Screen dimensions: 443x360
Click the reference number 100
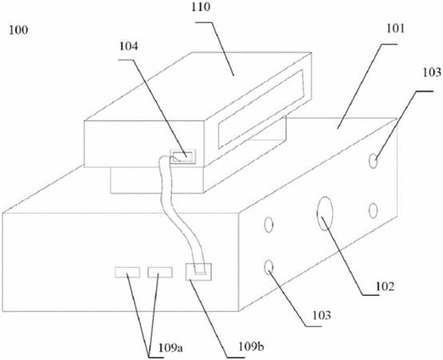click(x=18, y=30)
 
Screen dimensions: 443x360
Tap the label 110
click(x=201, y=7)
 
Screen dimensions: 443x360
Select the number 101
click(x=396, y=29)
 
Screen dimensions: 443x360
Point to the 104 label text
click(x=129, y=46)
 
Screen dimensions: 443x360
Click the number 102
click(x=385, y=286)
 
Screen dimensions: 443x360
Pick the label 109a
click(x=170, y=348)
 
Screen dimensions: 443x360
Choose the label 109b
click(x=251, y=346)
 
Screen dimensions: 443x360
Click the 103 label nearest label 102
click(x=321, y=315)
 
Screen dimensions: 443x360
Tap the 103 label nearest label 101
click(x=432, y=73)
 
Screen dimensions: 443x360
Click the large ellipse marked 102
click(x=325, y=214)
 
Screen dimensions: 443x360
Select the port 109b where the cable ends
click(x=198, y=271)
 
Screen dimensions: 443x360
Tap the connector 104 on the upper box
click(x=183, y=156)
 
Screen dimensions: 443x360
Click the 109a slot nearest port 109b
click(x=160, y=272)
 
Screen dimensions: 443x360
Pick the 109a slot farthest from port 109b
click(x=127, y=272)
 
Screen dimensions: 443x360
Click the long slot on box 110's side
click(x=261, y=109)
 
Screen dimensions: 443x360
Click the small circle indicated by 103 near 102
click(x=269, y=267)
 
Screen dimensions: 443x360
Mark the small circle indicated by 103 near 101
click(x=373, y=162)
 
